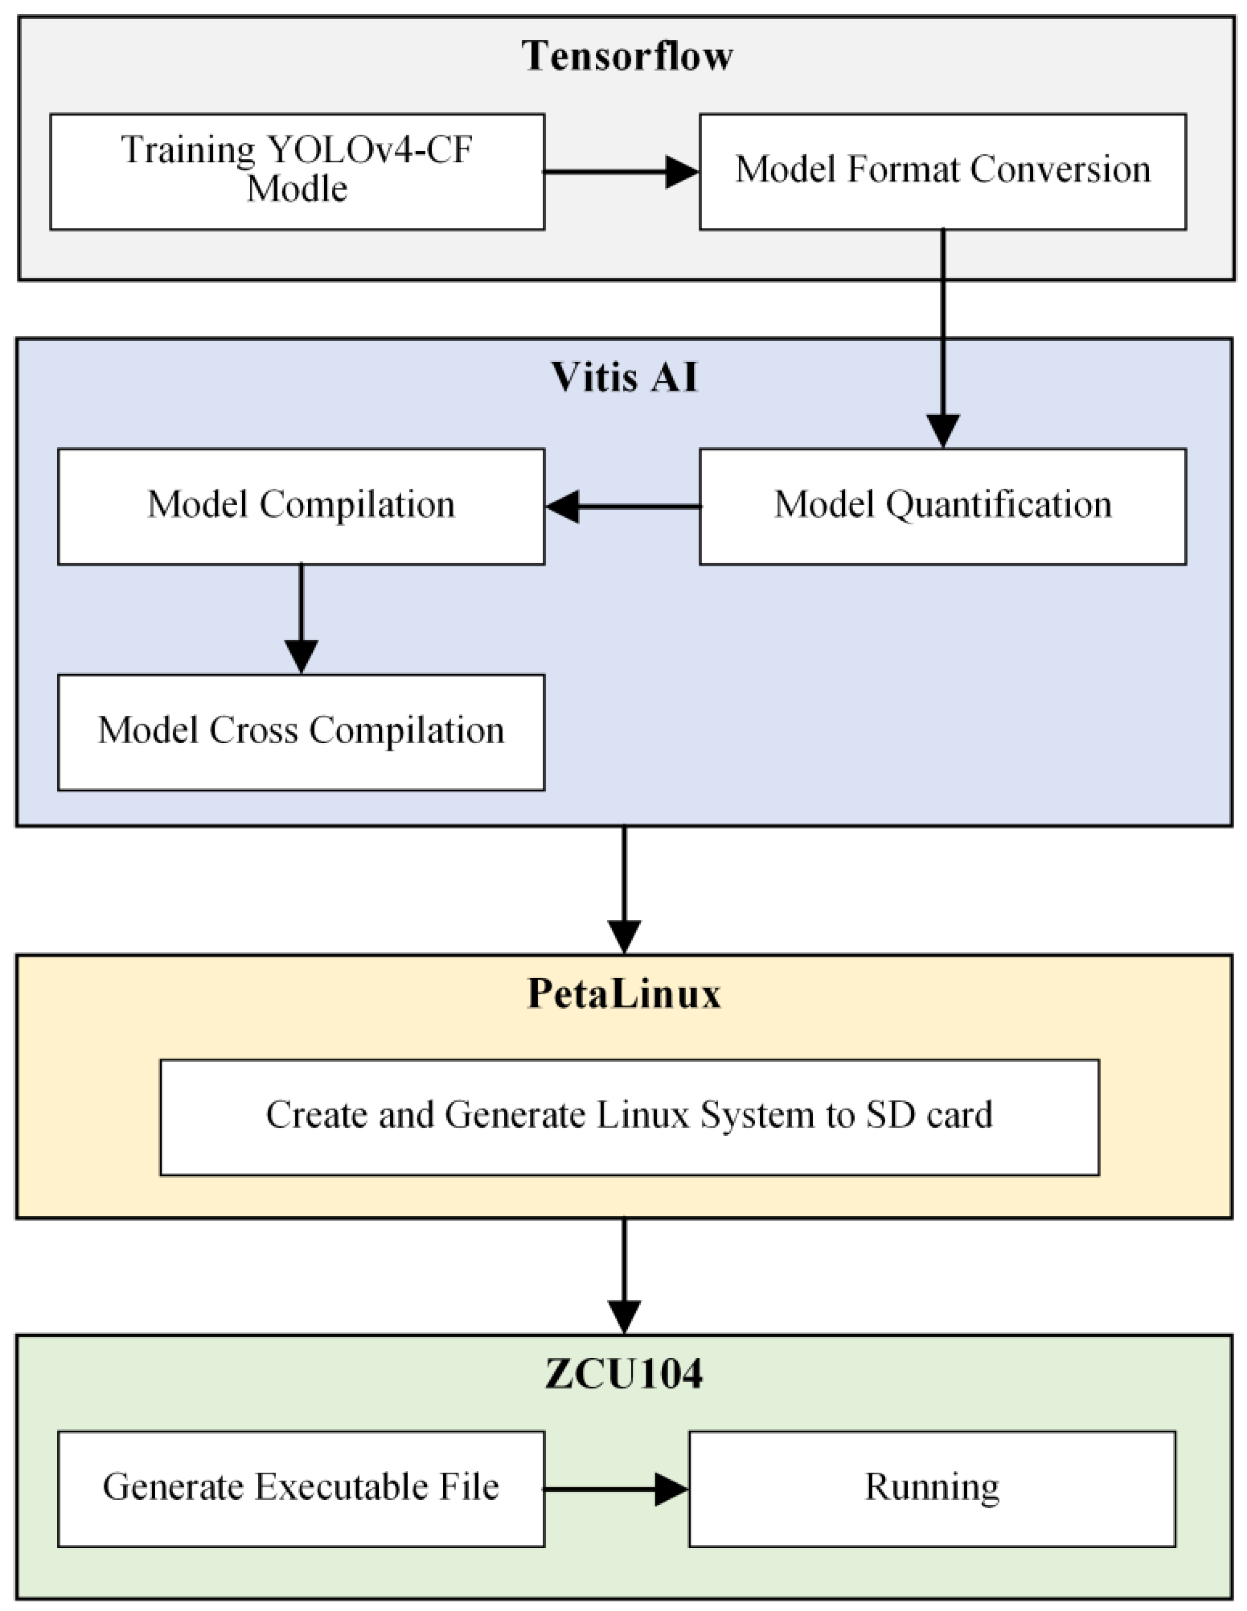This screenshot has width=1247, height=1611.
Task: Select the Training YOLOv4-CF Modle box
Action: click(297, 171)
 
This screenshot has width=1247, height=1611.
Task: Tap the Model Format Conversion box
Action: click(942, 171)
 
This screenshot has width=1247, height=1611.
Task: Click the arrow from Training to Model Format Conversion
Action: click(620, 172)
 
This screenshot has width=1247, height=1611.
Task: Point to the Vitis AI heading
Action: click(624, 377)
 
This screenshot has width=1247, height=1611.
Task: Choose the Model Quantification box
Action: click(942, 506)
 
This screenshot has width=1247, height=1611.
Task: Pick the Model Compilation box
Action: click(301, 506)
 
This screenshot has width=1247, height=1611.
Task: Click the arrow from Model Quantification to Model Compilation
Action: click(624, 507)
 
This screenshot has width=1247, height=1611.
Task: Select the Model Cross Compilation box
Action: click(301, 732)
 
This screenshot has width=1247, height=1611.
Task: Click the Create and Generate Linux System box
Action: click(629, 1117)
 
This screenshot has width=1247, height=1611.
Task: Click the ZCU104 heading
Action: click(624, 1373)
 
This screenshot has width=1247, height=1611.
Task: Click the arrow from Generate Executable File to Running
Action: click(616, 1489)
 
